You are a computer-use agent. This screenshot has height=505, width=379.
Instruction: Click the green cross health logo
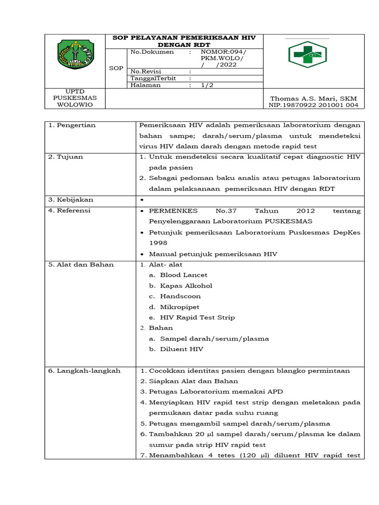[307, 55]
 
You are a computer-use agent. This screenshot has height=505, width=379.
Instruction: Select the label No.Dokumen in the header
[152, 52]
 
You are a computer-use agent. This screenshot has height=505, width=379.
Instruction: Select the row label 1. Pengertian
[72, 125]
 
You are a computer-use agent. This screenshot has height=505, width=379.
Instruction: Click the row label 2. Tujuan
[66, 157]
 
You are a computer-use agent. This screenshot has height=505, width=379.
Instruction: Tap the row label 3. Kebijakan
[71, 200]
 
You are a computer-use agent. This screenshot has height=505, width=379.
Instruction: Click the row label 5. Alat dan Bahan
[81, 264]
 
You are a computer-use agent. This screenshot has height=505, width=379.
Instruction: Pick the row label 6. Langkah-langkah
[84, 371]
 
